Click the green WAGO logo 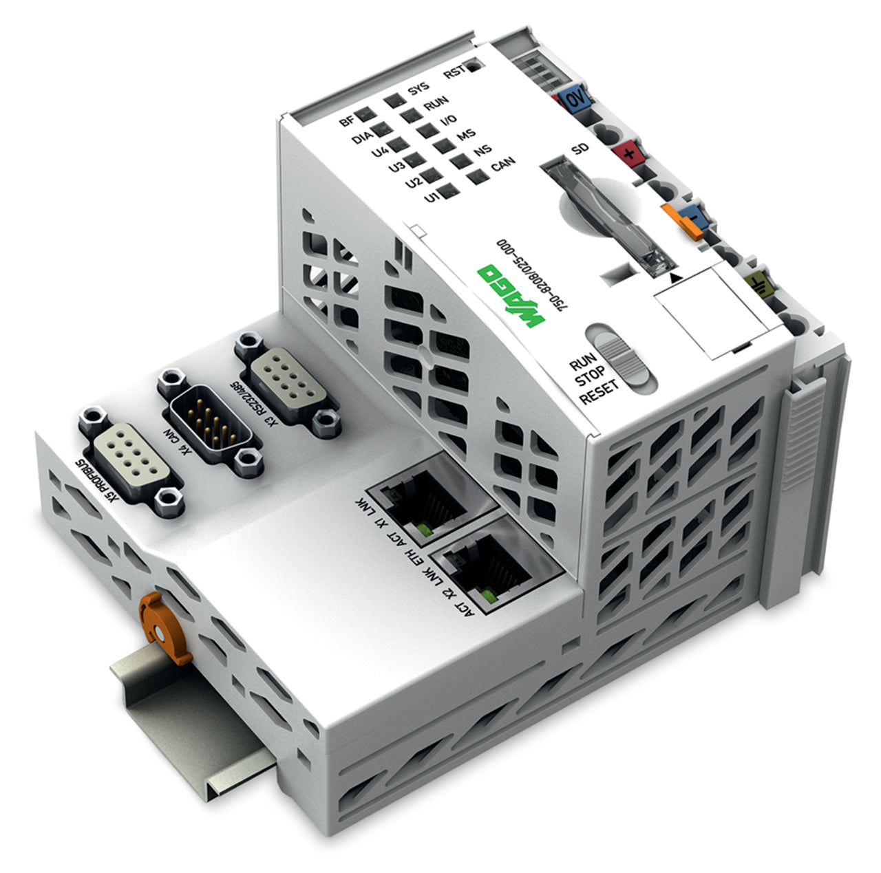[510, 295]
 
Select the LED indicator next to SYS [395, 100]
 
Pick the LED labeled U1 [449, 190]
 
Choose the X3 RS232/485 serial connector [288, 384]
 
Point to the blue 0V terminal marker [576, 99]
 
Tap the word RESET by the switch [599, 391]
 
